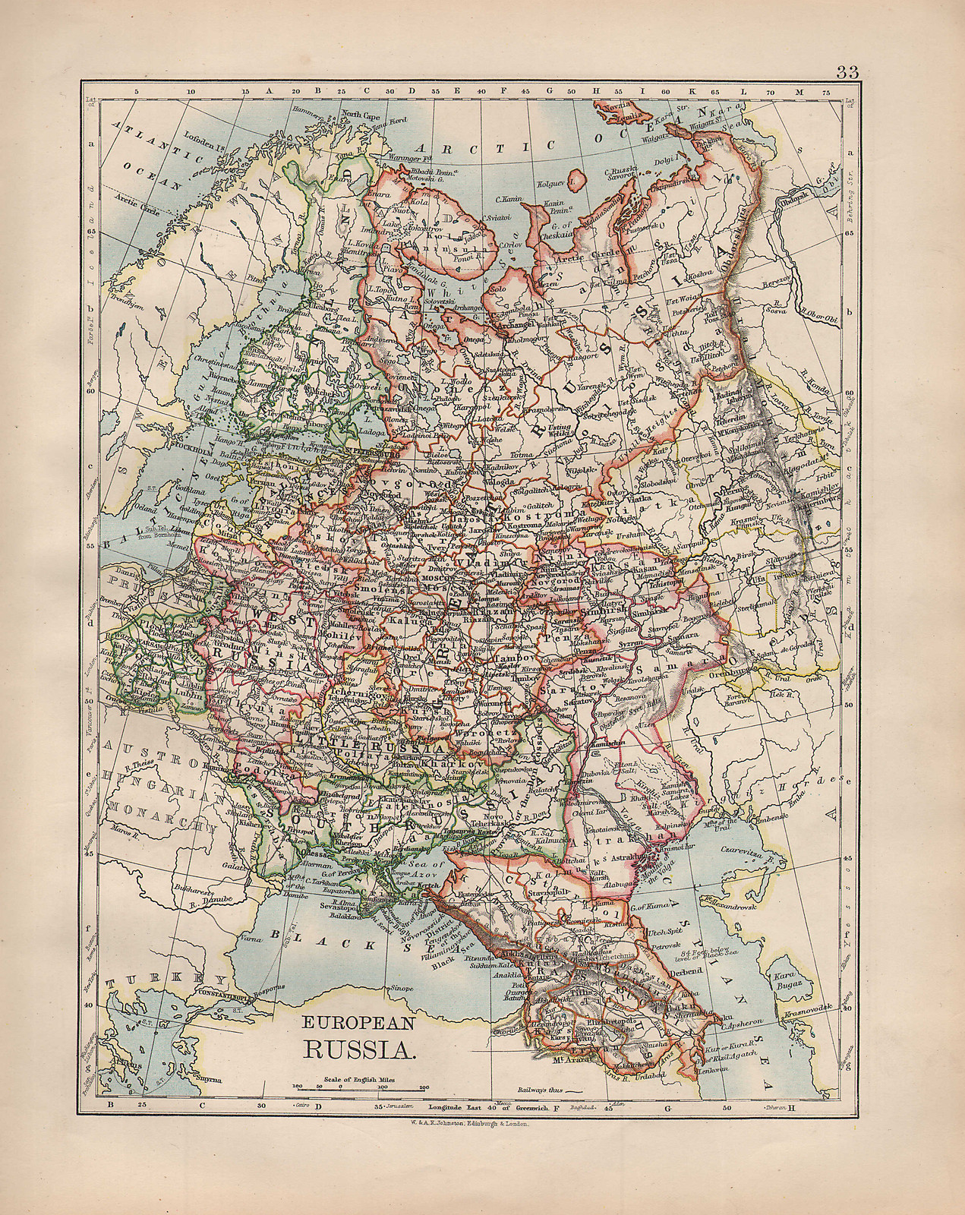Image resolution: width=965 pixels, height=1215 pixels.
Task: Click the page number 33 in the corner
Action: [847, 73]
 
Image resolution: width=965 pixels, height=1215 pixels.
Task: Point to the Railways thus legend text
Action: [538, 1089]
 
